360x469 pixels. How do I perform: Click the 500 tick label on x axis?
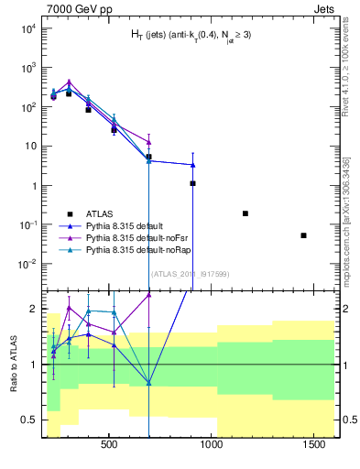[108, 445]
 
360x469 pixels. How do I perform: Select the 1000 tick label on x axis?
[213, 445]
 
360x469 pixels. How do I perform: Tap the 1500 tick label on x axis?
[317, 445]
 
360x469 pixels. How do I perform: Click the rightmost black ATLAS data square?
[303, 235]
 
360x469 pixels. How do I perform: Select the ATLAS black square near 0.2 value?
[245, 213]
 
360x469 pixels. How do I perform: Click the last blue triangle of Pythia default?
[192, 165]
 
